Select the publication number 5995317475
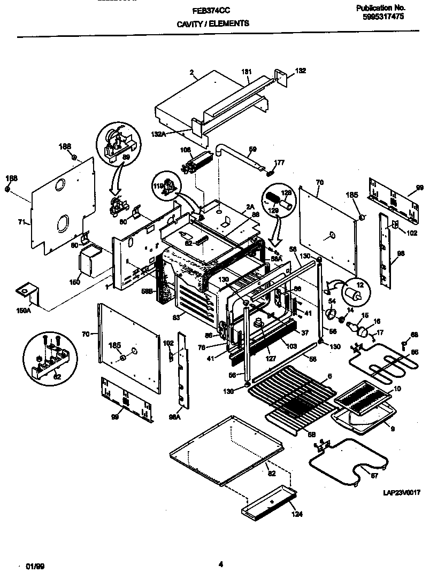pos(382,17)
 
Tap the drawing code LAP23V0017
pos(401,493)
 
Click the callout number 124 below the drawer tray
pos(297,515)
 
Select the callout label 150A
pos(25,309)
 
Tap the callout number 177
pos(279,162)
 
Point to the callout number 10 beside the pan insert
pos(396,389)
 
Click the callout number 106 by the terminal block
pos(186,150)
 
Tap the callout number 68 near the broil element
pos(413,335)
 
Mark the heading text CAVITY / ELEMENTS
pos(212,24)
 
